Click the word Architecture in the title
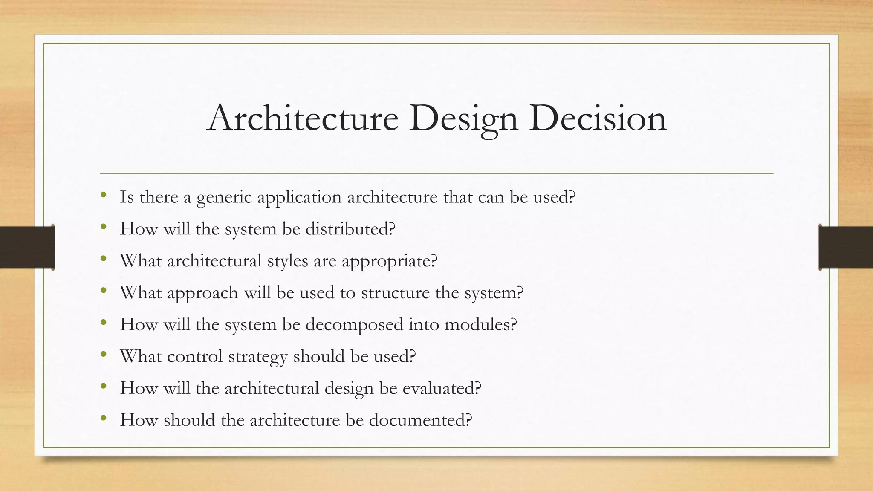pos(303,118)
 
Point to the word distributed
pos(350,229)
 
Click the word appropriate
pos(390,261)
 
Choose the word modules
pos(480,325)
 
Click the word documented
pos(420,420)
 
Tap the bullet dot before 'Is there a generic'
pos(104,195)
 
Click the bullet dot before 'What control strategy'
pos(104,355)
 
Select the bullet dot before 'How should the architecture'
pos(104,418)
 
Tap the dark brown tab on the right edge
pos(846,247)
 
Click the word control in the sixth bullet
pos(195,357)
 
